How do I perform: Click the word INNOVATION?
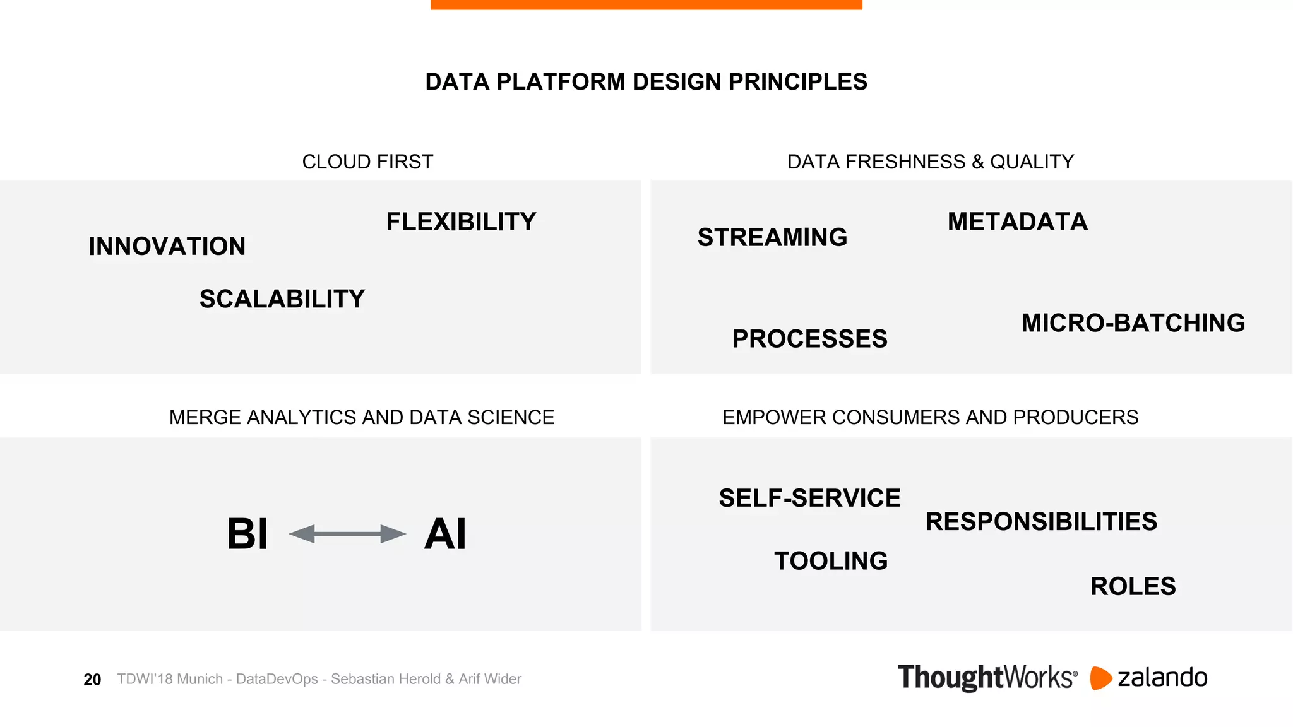[x=167, y=246]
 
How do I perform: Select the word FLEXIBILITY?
[x=461, y=222]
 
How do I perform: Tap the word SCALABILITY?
[x=282, y=299]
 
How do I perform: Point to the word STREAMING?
[x=772, y=238]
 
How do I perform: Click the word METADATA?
[x=1018, y=222]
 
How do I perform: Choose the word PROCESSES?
[x=809, y=339]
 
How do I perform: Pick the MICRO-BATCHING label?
[x=1133, y=323]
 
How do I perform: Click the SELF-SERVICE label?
[x=809, y=499]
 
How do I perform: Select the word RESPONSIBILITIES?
[x=1041, y=522]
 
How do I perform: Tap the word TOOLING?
[x=831, y=561]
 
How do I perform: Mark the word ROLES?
[x=1133, y=586]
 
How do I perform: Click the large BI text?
[x=247, y=535]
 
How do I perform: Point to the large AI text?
[x=445, y=535]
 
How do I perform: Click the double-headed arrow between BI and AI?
[x=347, y=534]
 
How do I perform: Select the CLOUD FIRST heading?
[x=367, y=162]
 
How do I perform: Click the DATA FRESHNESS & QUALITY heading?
[x=930, y=162]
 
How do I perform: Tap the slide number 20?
[x=92, y=680]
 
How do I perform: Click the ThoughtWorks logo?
[x=987, y=678]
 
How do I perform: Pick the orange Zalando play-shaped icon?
[x=1100, y=678]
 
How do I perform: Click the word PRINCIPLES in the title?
[x=798, y=82]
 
